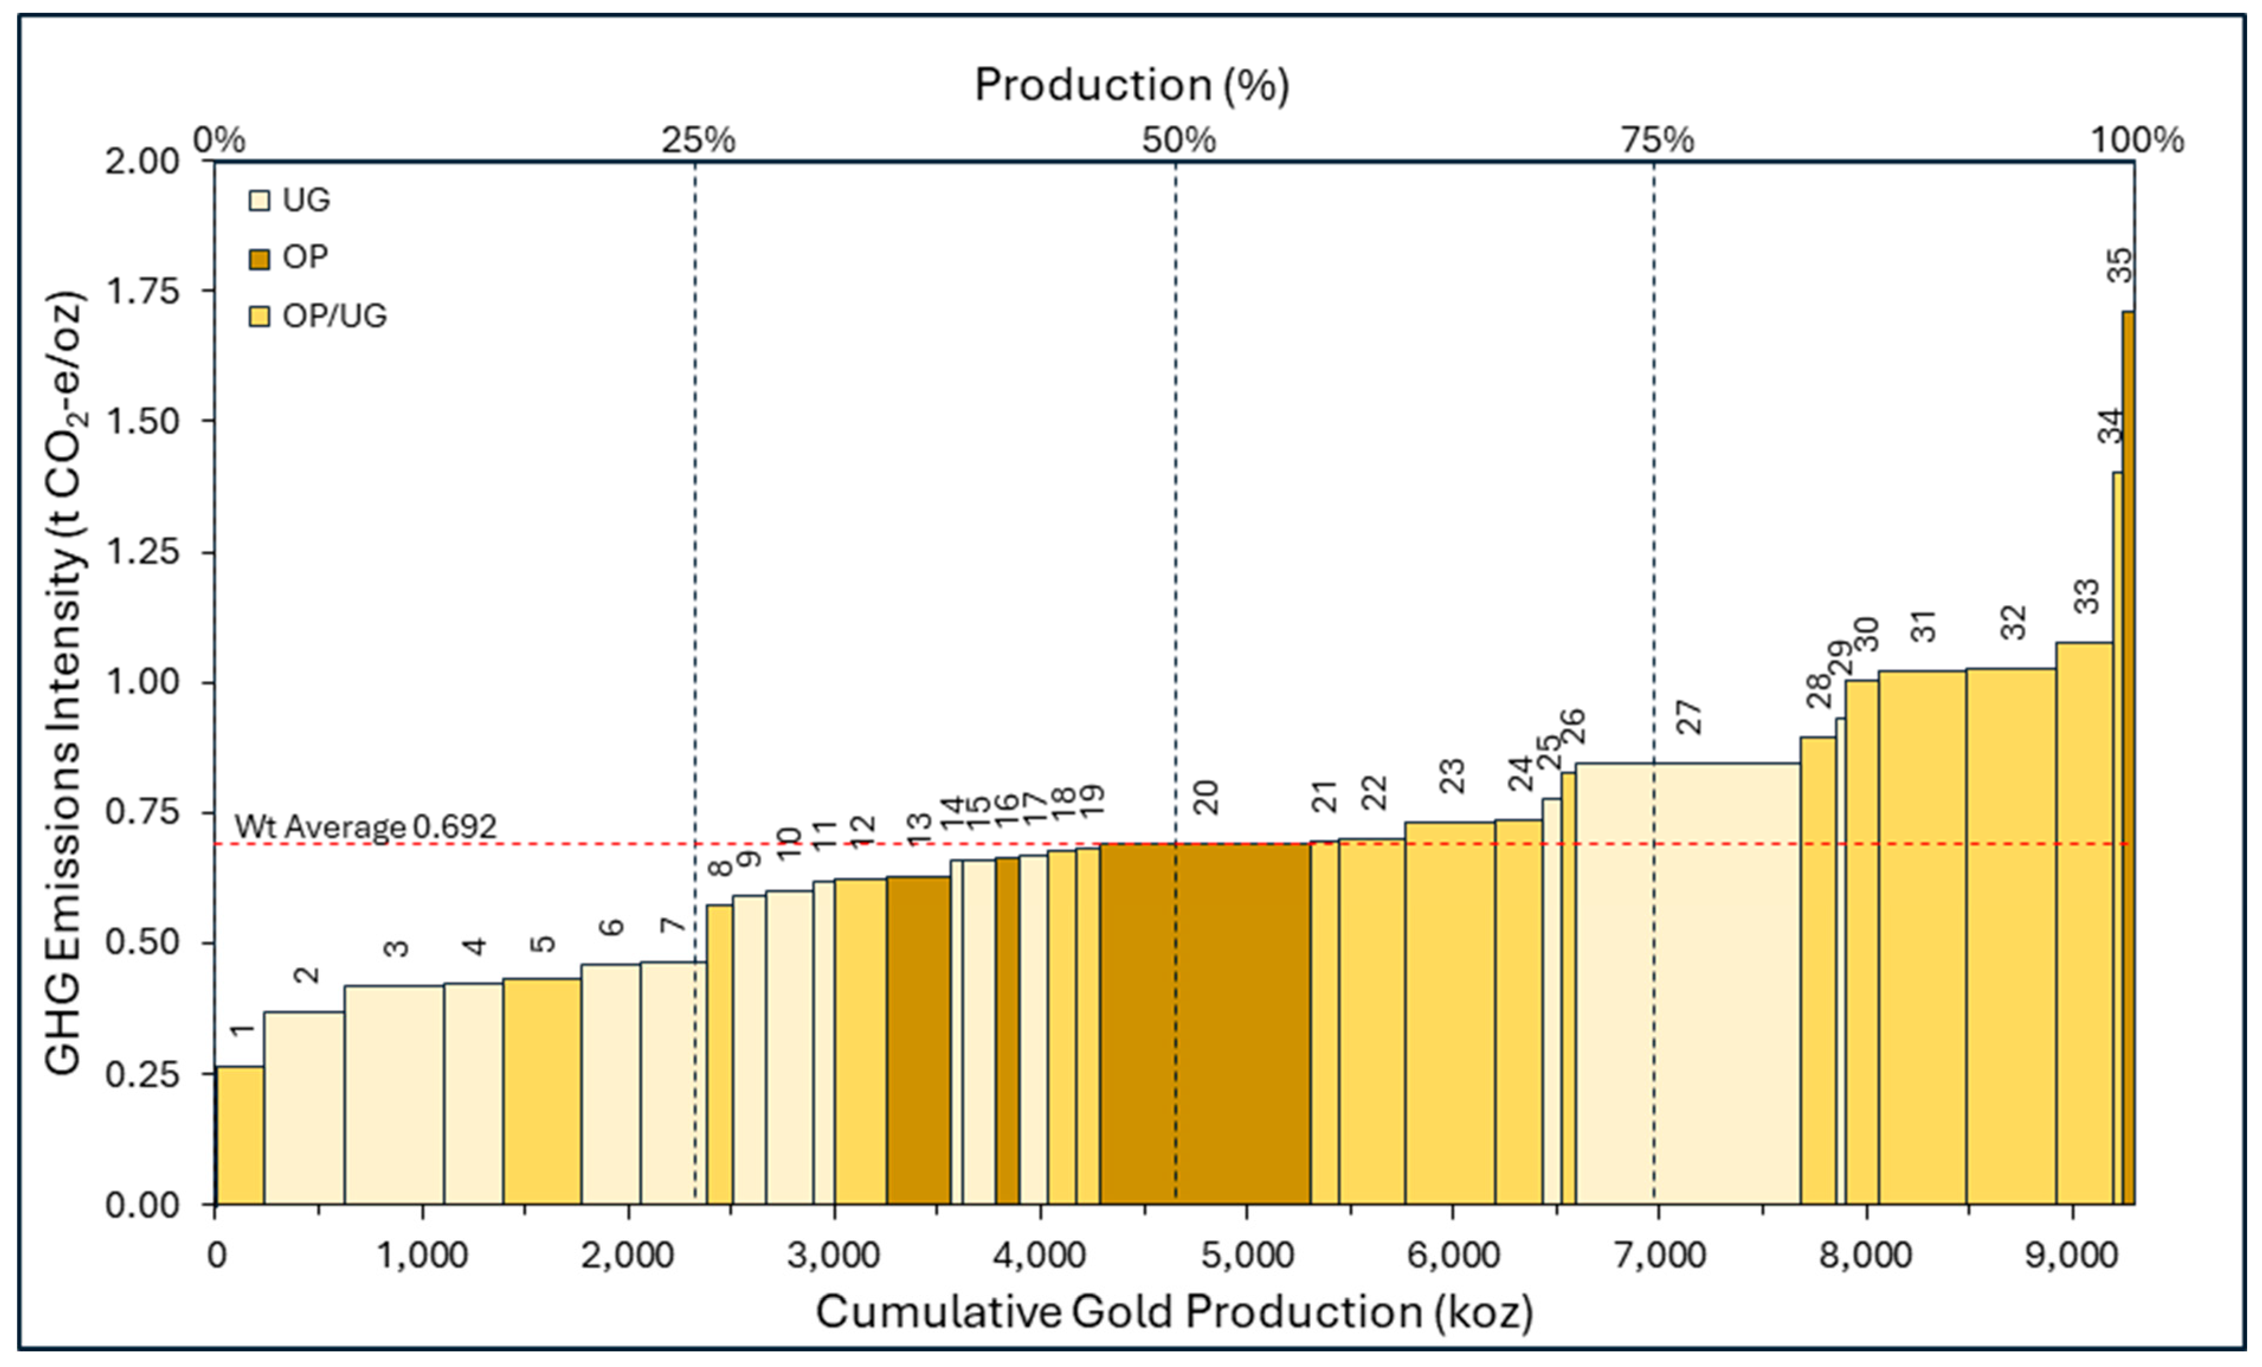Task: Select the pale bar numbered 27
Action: coord(1687,982)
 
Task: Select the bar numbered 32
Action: coord(2010,936)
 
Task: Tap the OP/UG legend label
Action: coord(334,316)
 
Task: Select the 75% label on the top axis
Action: coord(1657,140)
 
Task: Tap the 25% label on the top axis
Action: coord(698,140)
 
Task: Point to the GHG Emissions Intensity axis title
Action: coord(65,684)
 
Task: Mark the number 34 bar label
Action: coord(2110,426)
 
